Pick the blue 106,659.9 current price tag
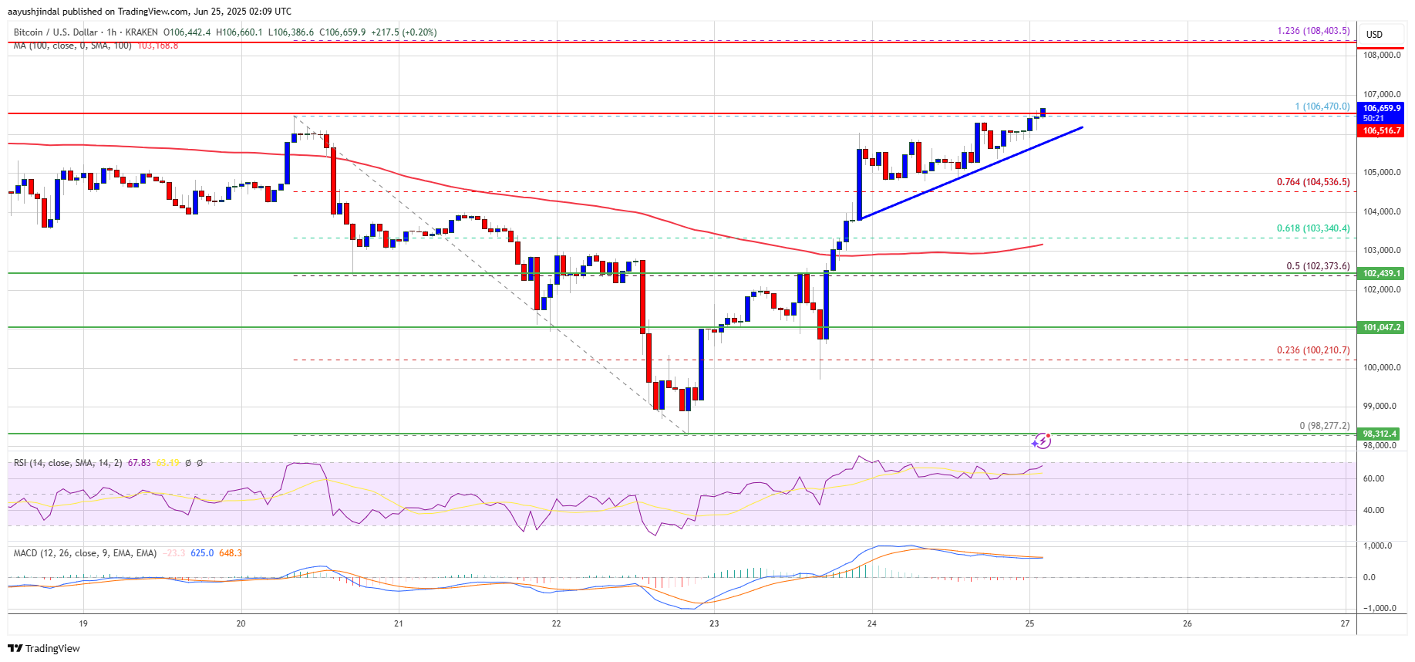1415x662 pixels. [x=1381, y=109]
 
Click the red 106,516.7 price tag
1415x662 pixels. [x=1381, y=131]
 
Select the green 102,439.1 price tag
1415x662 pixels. [x=1381, y=273]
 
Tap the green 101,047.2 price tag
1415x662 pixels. [x=1381, y=327]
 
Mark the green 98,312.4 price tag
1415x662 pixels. [x=1381, y=434]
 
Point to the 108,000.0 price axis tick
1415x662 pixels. [x=1381, y=55]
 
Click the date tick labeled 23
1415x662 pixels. [x=714, y=623]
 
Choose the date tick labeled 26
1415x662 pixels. [x=1187, y=623]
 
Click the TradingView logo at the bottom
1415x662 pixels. [x=45, y=648]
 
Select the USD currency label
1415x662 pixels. [x=1374, y=34]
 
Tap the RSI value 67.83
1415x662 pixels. [x=139, y=463]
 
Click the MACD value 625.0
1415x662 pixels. [x=202, y=553]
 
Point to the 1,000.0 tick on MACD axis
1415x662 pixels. [x=1377, y=545]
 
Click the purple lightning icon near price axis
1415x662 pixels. [x=1042, y=441]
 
